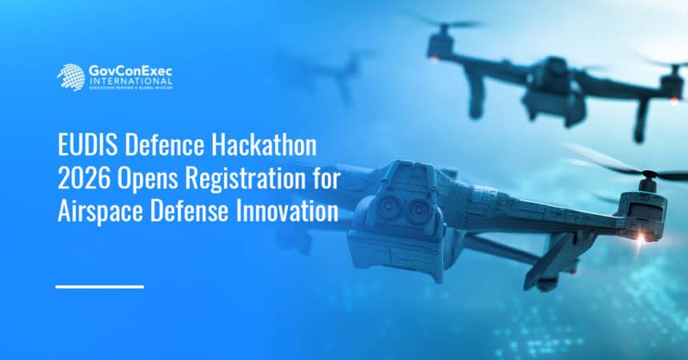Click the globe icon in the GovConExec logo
click(x=70, y=77)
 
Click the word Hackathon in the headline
click(x=267, y=146)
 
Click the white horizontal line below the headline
click(x=100, y=286)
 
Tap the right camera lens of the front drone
click(x=419, y=211)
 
